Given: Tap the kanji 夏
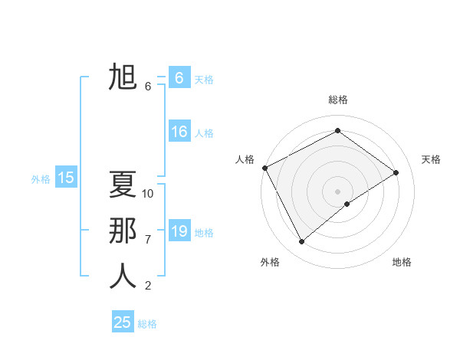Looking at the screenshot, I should click(x=123, y=185).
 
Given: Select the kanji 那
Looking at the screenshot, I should click(x=123, y=231).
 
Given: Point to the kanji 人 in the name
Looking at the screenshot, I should click(x=123, y=277).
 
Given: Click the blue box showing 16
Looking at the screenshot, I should click(x=179, y=132).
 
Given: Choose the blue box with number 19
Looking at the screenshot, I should click(x=179, y=231).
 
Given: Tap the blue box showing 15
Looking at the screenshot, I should click(x=66, y=178).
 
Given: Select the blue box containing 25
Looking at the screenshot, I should click(x=123, y=322).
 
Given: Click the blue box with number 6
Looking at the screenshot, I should click(x=179, y=77).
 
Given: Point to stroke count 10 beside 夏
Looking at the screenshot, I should click(x=148, y=194).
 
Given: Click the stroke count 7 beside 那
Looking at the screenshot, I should click(x=148, y=240).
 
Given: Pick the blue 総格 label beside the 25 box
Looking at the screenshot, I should click(x=147, y=324).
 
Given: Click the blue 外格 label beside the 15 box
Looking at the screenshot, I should click(x=41, y=179).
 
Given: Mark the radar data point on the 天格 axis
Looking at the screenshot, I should click(x=396, y=172).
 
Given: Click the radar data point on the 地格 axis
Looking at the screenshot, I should click(x=347, y=204).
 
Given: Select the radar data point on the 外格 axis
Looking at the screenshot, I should click(x=302, y=242).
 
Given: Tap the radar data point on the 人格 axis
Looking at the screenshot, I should click(x=264, y=168).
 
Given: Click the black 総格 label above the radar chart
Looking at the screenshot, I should click(x=338, y=100).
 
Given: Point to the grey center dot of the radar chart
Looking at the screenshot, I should click(x=337, y=191).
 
